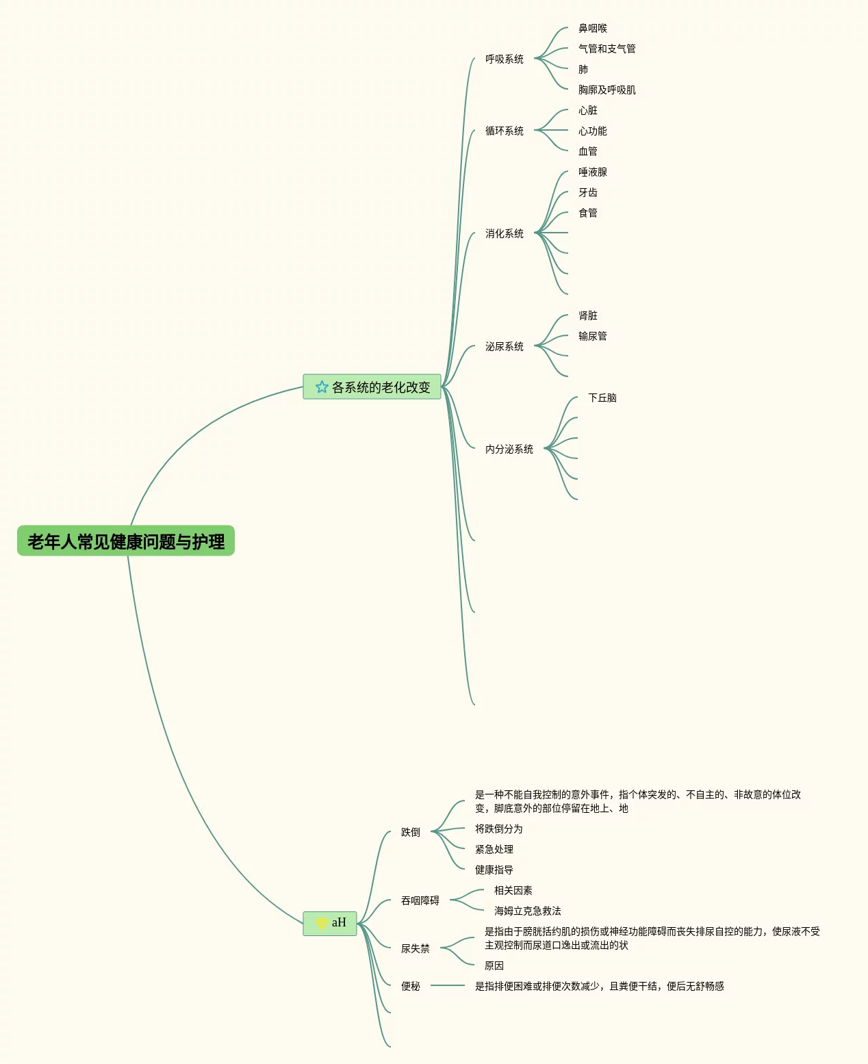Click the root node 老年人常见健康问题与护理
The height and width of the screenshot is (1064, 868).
126,541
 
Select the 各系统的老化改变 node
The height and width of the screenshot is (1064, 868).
381,387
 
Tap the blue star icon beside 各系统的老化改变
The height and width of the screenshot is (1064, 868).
322,387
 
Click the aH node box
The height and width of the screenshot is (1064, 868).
330,923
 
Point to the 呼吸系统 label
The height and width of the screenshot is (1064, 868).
505,60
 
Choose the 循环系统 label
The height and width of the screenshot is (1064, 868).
505,131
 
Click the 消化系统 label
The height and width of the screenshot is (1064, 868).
505,234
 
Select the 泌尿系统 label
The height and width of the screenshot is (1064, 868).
505,347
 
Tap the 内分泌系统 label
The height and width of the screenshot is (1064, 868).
509,450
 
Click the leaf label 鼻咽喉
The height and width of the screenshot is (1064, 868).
593,29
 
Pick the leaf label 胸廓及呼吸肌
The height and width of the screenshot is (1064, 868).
607,90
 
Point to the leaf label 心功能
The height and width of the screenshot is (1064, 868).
593,131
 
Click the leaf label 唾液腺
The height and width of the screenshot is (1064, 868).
593,172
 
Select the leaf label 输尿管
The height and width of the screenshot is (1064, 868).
593,337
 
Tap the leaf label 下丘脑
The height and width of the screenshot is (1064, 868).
602,398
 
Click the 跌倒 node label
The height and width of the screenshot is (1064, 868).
411,833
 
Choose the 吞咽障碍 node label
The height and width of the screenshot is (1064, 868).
420,901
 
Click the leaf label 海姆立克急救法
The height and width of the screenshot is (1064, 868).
528,911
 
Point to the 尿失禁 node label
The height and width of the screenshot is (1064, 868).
416,949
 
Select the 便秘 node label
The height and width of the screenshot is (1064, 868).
411,987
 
